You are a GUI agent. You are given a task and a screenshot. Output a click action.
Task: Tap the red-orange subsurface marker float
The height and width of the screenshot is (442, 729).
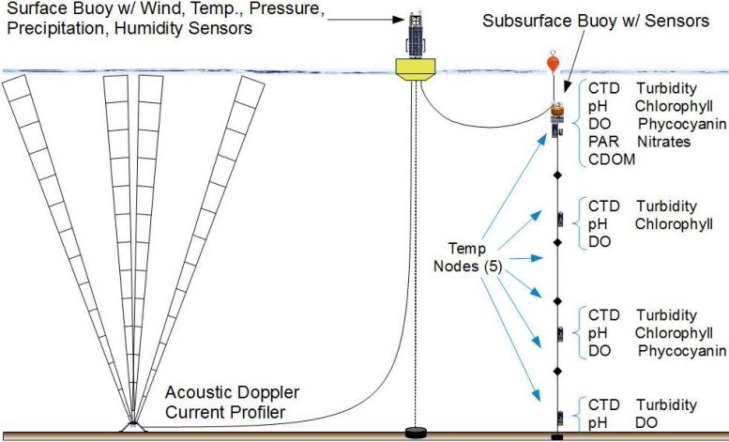coord(556,64)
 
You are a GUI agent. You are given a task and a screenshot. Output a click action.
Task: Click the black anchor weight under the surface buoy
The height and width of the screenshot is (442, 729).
coord(415,434)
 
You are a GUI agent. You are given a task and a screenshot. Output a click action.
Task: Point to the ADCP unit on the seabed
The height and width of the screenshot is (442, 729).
coord(133,427)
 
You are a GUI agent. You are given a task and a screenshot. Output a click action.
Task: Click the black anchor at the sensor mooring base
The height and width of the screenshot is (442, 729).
coord(557,436)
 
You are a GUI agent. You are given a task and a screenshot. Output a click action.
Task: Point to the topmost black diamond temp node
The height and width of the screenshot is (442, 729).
coord(556,175)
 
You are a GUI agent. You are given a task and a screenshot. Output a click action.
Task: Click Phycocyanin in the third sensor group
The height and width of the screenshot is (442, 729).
coord(681,350)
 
